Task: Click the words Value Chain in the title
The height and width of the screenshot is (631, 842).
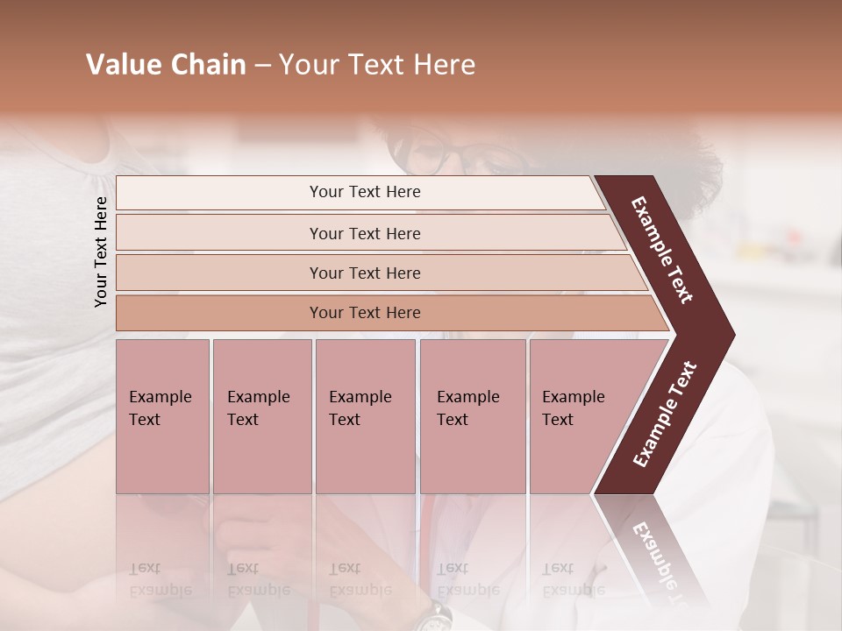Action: pyautogui.click(x=166, y=65)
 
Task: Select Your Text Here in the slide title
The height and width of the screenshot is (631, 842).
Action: pyautogui.click(x=377, y=65)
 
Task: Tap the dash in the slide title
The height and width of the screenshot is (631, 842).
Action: pyautogui.click(x=262, y=66)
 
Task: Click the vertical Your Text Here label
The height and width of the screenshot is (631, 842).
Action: pyautogui.click(x=101, y=252)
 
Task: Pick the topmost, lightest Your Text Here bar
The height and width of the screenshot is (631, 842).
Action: pyautogui.click(x=365, y=192)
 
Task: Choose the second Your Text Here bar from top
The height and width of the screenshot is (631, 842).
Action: pyautogui.click(x=365, y=233)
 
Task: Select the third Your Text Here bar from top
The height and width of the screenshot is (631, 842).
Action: pyautogui.click(x=365, y=273)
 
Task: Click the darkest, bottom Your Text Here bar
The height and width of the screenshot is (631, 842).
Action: pyautogui.click(x=365, y=313)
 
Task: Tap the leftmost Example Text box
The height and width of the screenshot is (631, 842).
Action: pyautogui.click(x=162, y=416)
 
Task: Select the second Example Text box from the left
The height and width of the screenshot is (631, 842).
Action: pyautogui.click(x=261, y=416)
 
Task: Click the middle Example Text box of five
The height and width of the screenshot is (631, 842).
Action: pyautogui.click(x=365, y=416)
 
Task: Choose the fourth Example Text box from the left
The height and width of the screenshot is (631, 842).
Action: pyautogui.click(x=472, y=416)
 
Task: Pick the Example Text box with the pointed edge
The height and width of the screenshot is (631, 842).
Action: pyautogui.click(x=579, y=416)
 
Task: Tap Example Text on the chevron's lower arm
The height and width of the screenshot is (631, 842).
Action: pyautogui.click(x=665, y=415)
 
